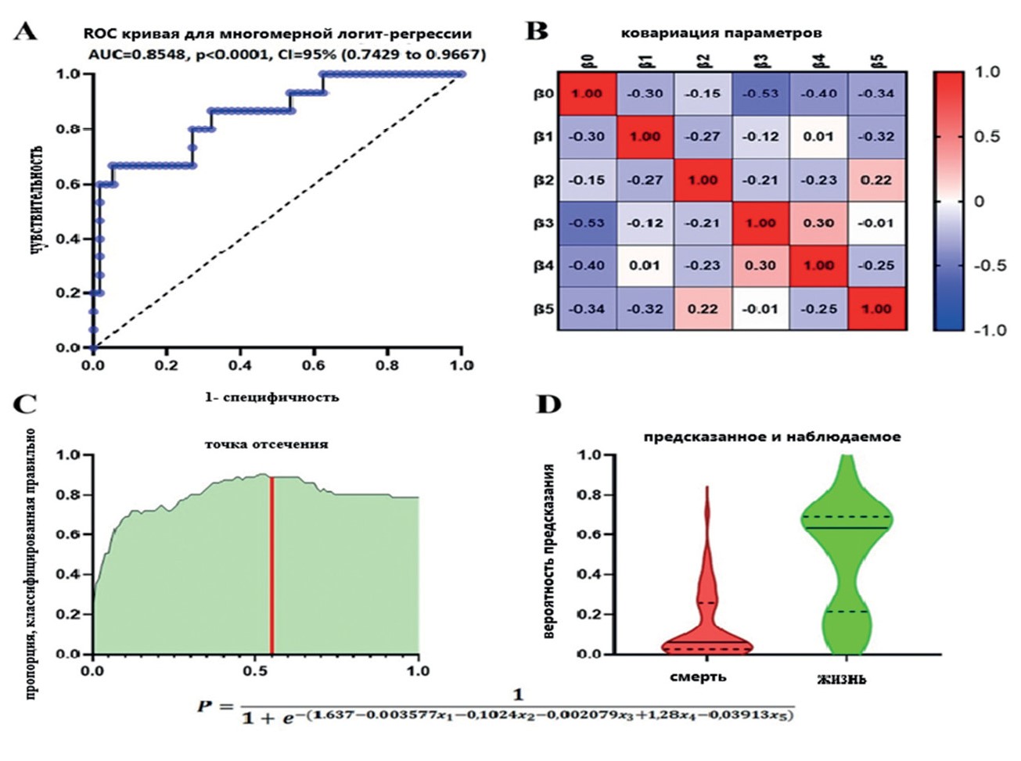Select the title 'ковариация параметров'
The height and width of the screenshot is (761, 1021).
(x=721, y=33)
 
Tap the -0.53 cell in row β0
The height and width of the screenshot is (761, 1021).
(x=760, y=94)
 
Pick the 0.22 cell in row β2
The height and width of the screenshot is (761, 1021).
(x=876, y=180)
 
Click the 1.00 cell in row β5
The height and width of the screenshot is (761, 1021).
(x=876, y=309)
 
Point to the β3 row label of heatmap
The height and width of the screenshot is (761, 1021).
(x=544, y=224)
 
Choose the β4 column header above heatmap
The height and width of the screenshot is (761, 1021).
(x=818, y=61)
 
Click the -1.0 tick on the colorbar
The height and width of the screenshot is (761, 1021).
(x=989, y=330)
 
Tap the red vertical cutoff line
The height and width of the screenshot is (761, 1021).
(x=271, y=565)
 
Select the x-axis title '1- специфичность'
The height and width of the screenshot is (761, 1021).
(x=271, y=397)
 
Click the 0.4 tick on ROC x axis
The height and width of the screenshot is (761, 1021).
(x=239, y=365)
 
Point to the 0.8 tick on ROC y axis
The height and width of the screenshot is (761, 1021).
(x=69, y=129)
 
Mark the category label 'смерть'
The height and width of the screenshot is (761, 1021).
(x=698, y=677)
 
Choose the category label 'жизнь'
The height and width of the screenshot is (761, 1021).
(x=841, y=679)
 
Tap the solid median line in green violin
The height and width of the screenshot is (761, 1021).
(x=845, y=528)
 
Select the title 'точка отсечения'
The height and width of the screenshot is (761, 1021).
(x=266, y=444)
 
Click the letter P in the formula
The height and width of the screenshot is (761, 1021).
(x=204, y=708)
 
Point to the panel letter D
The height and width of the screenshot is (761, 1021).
(x=548, y=404)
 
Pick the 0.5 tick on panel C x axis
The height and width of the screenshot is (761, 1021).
(x=256, y=671)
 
